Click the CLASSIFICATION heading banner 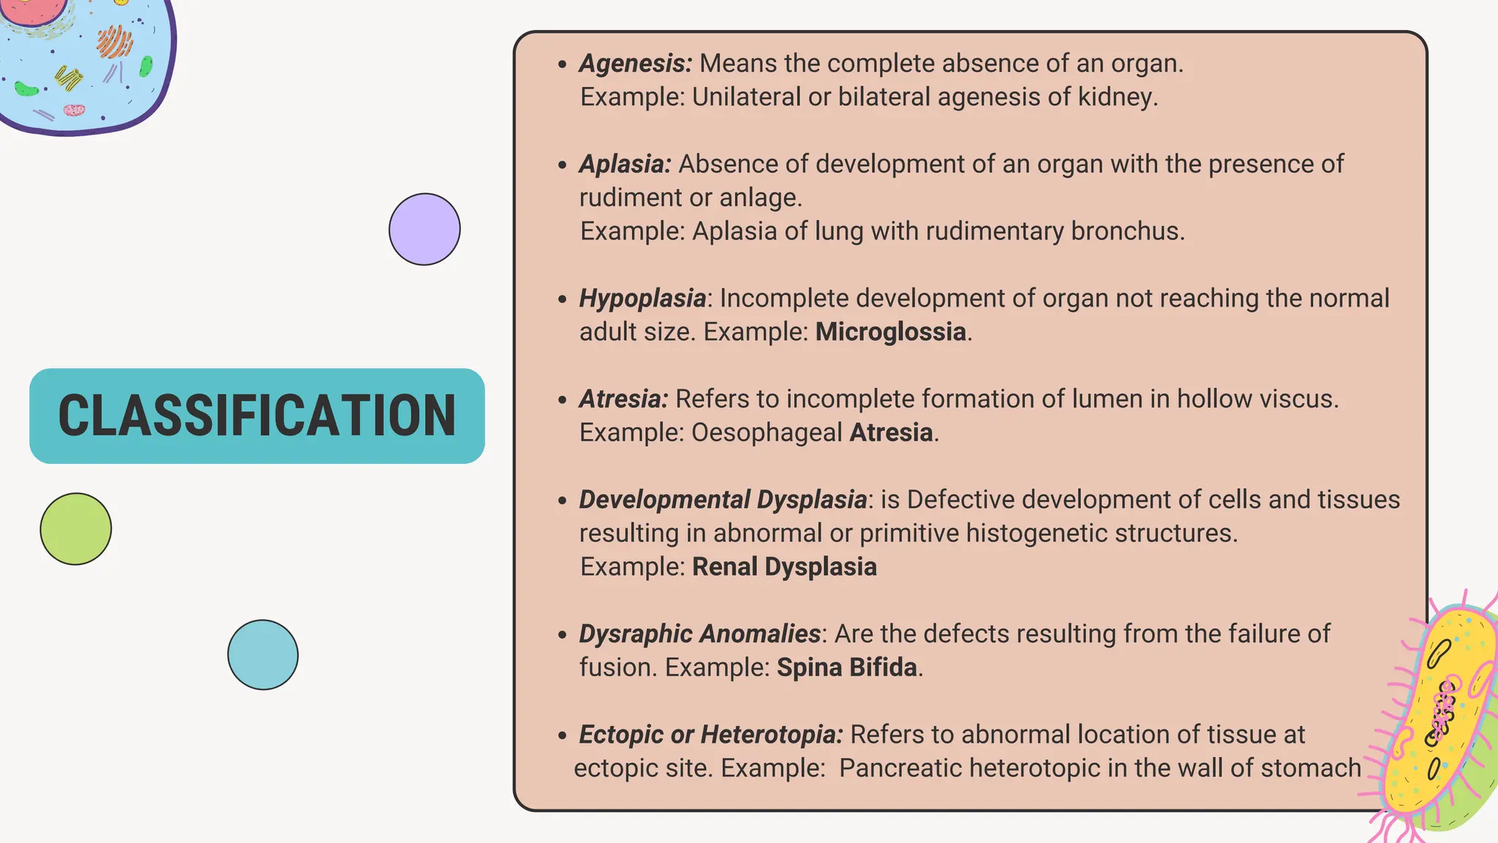click(x=257, y=416)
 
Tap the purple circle click(x=424, y=229)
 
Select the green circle click(x=76, y=528)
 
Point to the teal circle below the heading click(x=263, y=655)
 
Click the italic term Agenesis click(x=635, y=64)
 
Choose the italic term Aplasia click(x=625, y=164)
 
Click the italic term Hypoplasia click(x=642, y=299)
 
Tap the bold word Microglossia click(x=891, y=332)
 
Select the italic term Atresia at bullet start click(x=623, y=399)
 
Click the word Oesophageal click(x=767, y=432)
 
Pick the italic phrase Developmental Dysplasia click(x=723, y=500)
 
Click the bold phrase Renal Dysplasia click(x=784, y=567)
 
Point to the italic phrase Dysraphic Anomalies click(x=699, y=634)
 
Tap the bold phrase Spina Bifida click(x=847, y=667)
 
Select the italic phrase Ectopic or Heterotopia click(x=711, y=735)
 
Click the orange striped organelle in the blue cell click(x=114, y=41)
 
